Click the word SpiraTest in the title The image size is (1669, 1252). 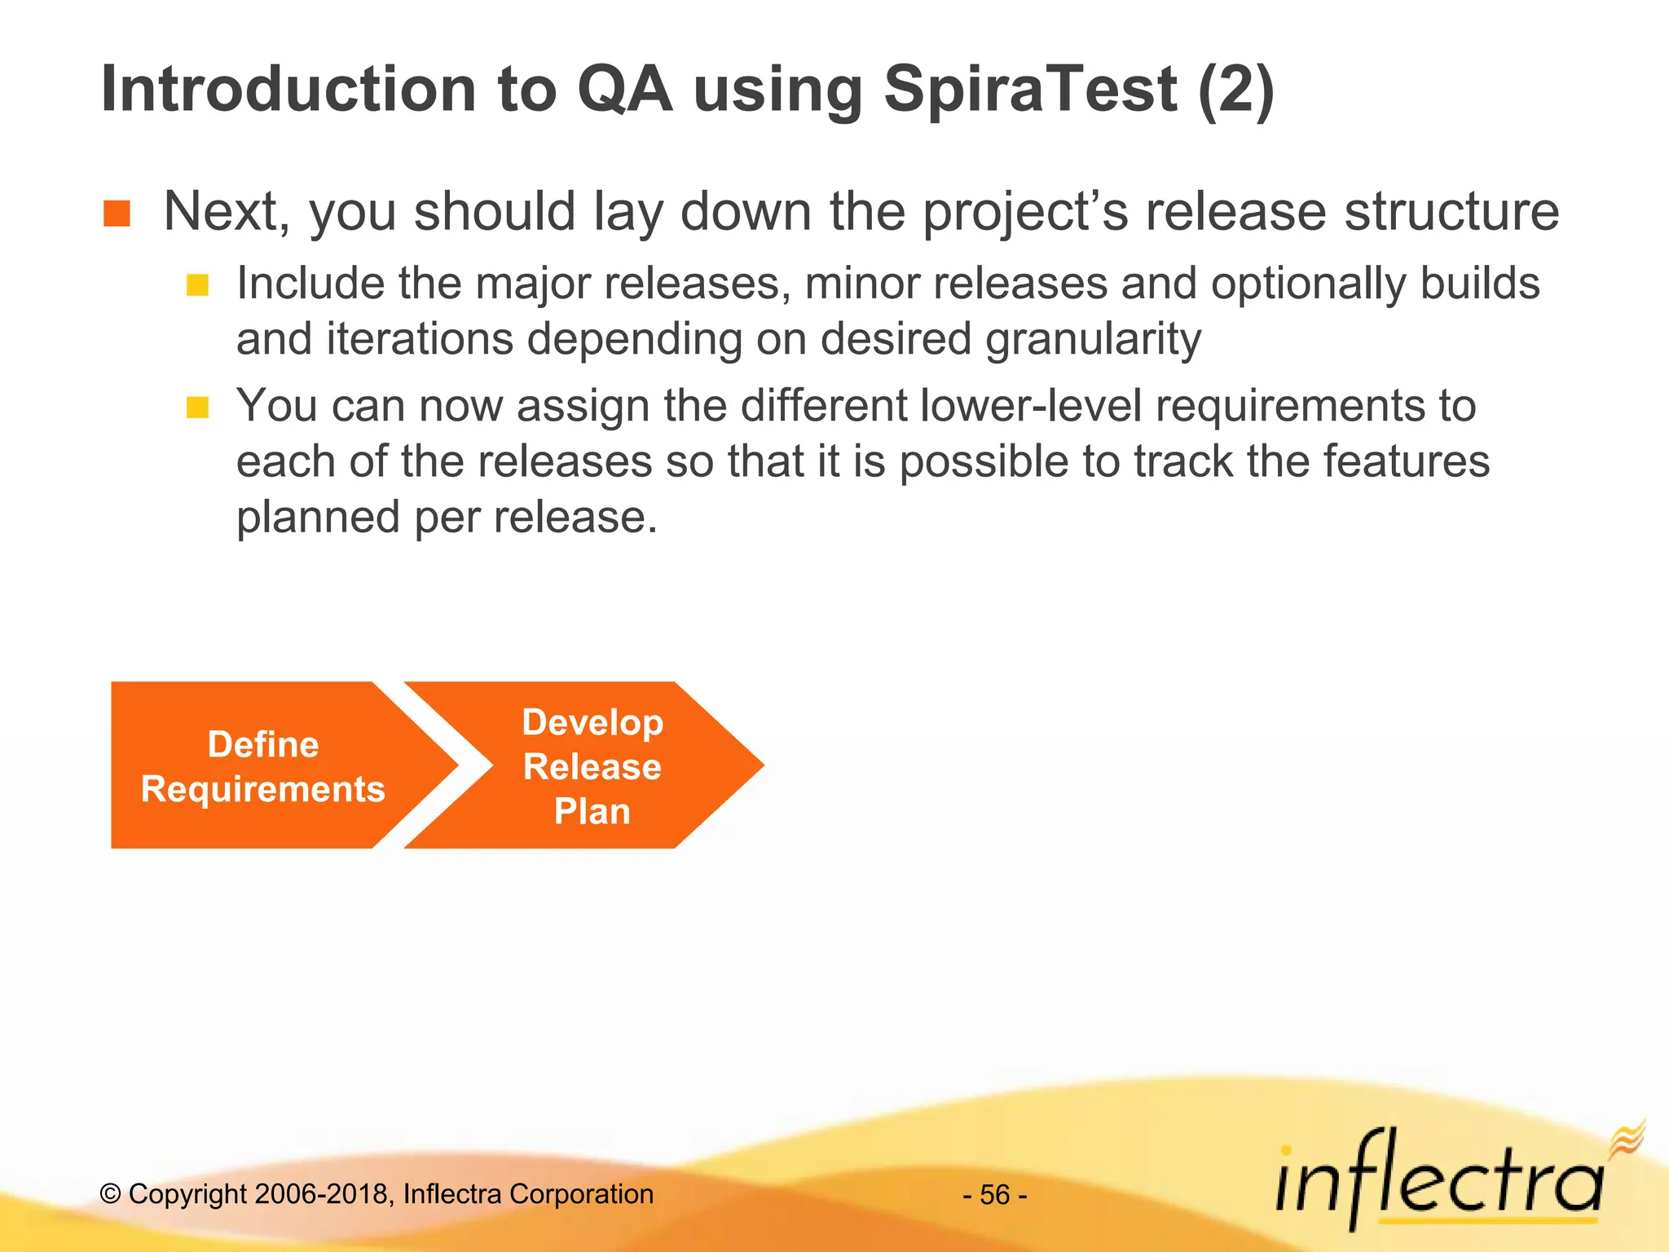1030,90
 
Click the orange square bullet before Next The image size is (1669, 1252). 117,214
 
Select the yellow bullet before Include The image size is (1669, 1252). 197,285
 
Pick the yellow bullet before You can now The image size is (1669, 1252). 197,407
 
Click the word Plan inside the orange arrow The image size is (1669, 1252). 592,812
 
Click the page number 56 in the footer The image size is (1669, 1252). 995,1195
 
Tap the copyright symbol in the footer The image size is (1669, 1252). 110,1195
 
